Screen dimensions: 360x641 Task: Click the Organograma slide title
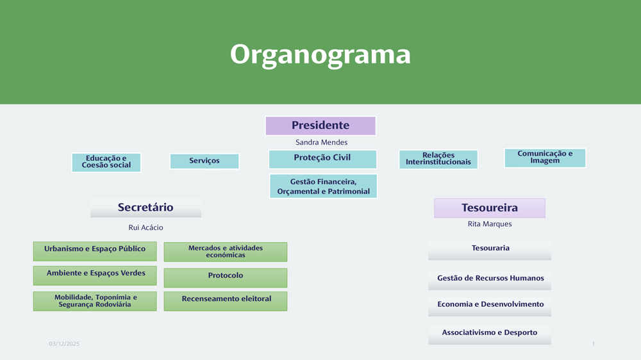320,54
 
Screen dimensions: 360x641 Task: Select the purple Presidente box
320,126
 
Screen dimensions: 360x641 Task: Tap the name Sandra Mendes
321,142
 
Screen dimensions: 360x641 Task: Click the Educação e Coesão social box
106,162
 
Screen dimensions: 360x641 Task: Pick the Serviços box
204,161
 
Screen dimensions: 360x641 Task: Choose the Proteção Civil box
322,158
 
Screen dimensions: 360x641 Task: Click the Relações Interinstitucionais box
438,159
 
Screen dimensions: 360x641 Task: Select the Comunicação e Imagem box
545,158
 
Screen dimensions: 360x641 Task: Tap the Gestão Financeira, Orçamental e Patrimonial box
323,186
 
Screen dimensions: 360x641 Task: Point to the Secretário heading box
146,208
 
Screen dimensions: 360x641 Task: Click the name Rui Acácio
146,227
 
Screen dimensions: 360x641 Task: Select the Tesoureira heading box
490,208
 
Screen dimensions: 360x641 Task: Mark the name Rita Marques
490,224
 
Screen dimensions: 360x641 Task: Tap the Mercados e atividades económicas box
226,252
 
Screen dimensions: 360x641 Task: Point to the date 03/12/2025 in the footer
64,345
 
